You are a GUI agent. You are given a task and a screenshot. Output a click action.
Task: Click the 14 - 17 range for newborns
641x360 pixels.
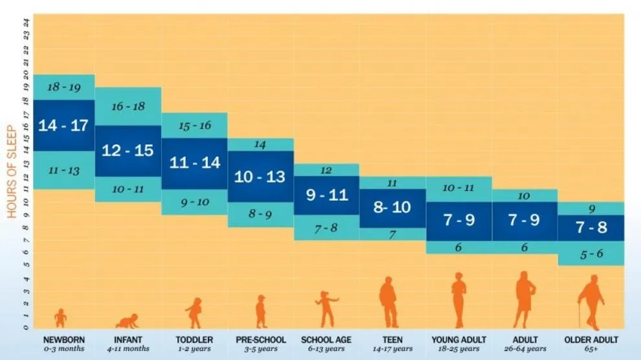[63, 125]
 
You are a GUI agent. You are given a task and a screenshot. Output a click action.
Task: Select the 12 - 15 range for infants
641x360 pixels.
[128, 150]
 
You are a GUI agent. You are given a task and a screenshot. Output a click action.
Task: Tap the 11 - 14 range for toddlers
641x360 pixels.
[195, 163]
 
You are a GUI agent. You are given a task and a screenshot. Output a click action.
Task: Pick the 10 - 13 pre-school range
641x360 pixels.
[260, 176]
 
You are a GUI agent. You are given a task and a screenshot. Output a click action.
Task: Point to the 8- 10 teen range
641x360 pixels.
[392, 208]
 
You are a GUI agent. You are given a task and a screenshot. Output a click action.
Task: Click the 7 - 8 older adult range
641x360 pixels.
[591, 227]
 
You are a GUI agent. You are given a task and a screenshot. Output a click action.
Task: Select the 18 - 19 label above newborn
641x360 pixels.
[63, 87]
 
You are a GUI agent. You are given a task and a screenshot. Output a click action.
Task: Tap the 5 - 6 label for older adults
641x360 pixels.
[591, 254]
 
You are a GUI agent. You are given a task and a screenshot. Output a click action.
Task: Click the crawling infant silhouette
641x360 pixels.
[127, 321]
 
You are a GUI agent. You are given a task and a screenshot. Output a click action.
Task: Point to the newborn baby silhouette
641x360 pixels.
[60, 318]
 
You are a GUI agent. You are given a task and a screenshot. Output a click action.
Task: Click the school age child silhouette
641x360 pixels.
[326, 309]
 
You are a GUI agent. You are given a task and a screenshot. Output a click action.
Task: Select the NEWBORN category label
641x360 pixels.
[63, 340]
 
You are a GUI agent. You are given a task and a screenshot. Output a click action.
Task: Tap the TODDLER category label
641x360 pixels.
[194, 340]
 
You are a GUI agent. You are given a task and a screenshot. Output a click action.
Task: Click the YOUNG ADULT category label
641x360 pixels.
[458, 340]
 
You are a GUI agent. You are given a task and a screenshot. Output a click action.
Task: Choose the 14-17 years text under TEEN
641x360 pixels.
[392, 350]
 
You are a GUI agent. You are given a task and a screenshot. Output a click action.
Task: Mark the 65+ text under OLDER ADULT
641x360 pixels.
[590, 350]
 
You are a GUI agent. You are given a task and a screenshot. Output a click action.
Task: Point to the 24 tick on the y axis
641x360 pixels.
[26, 21]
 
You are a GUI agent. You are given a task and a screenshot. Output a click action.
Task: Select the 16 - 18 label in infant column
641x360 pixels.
[128, 106]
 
